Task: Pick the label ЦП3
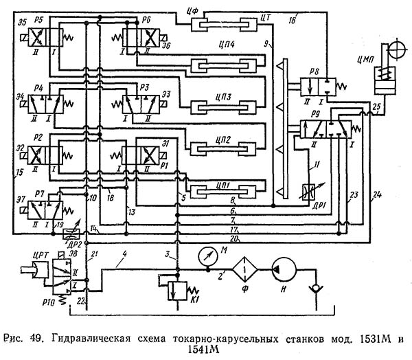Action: coord(222,95)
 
